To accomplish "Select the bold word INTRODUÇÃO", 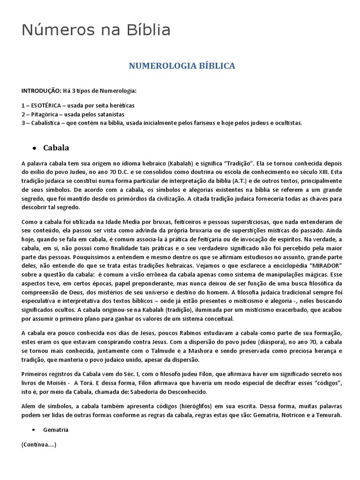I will pos(40,90).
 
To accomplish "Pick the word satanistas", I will pos(110,114).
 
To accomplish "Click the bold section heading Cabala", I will pos(56,148).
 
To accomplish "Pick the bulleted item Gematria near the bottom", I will pos(56,429).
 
